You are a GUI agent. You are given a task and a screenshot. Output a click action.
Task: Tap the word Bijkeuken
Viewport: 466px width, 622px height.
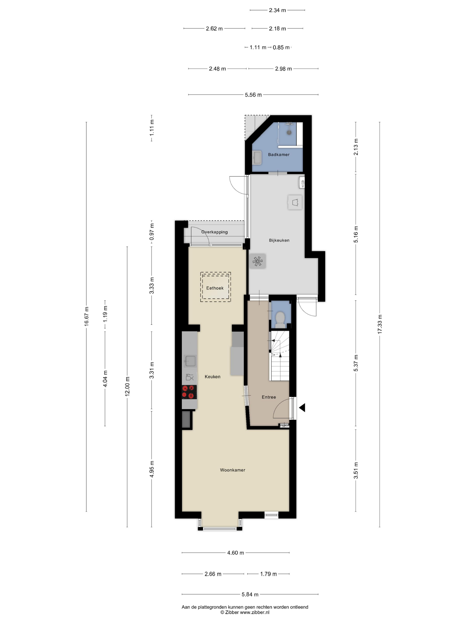[279, 240]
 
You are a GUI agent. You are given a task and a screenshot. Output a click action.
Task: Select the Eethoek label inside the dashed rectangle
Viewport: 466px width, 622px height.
[215, 288]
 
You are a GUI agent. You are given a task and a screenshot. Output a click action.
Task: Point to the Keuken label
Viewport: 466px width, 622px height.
[212, 377]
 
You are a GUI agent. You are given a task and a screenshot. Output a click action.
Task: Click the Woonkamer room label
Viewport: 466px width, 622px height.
[233, 470]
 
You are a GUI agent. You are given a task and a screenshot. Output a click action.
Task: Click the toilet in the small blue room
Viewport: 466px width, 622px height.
[280, 319]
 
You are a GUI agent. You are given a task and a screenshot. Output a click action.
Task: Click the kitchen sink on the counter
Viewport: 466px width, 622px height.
[190, 361]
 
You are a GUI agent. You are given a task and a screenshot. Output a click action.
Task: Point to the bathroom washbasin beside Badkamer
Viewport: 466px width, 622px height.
[257, 157]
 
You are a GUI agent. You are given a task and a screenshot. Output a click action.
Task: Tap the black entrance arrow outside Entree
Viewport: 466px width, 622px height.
[302, 408]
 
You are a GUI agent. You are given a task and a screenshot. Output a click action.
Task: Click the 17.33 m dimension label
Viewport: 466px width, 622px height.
[380, 324]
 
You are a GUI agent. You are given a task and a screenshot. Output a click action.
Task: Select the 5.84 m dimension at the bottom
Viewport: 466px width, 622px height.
[250, 594]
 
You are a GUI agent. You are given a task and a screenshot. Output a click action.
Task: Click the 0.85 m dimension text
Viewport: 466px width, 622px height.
[281, 48]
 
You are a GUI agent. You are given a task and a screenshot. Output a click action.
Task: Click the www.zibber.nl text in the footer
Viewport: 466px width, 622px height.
[255, 612]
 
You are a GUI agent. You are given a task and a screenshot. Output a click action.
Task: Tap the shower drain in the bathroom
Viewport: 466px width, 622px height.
[289, 132]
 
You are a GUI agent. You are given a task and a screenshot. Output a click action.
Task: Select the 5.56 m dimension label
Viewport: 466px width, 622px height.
[253, 95]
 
